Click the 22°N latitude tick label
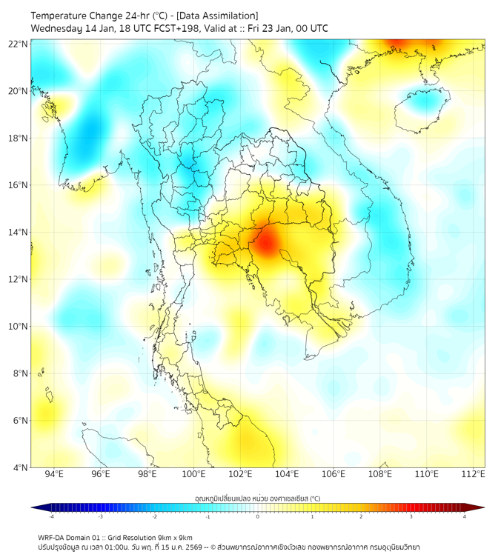(19, 44)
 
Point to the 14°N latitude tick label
(19, 232)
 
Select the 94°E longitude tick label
(54, 474)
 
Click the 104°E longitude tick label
(287, 474)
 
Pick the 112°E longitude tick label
(473, 474)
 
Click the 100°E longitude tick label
(193, 474)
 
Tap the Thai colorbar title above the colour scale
(257, 498)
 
